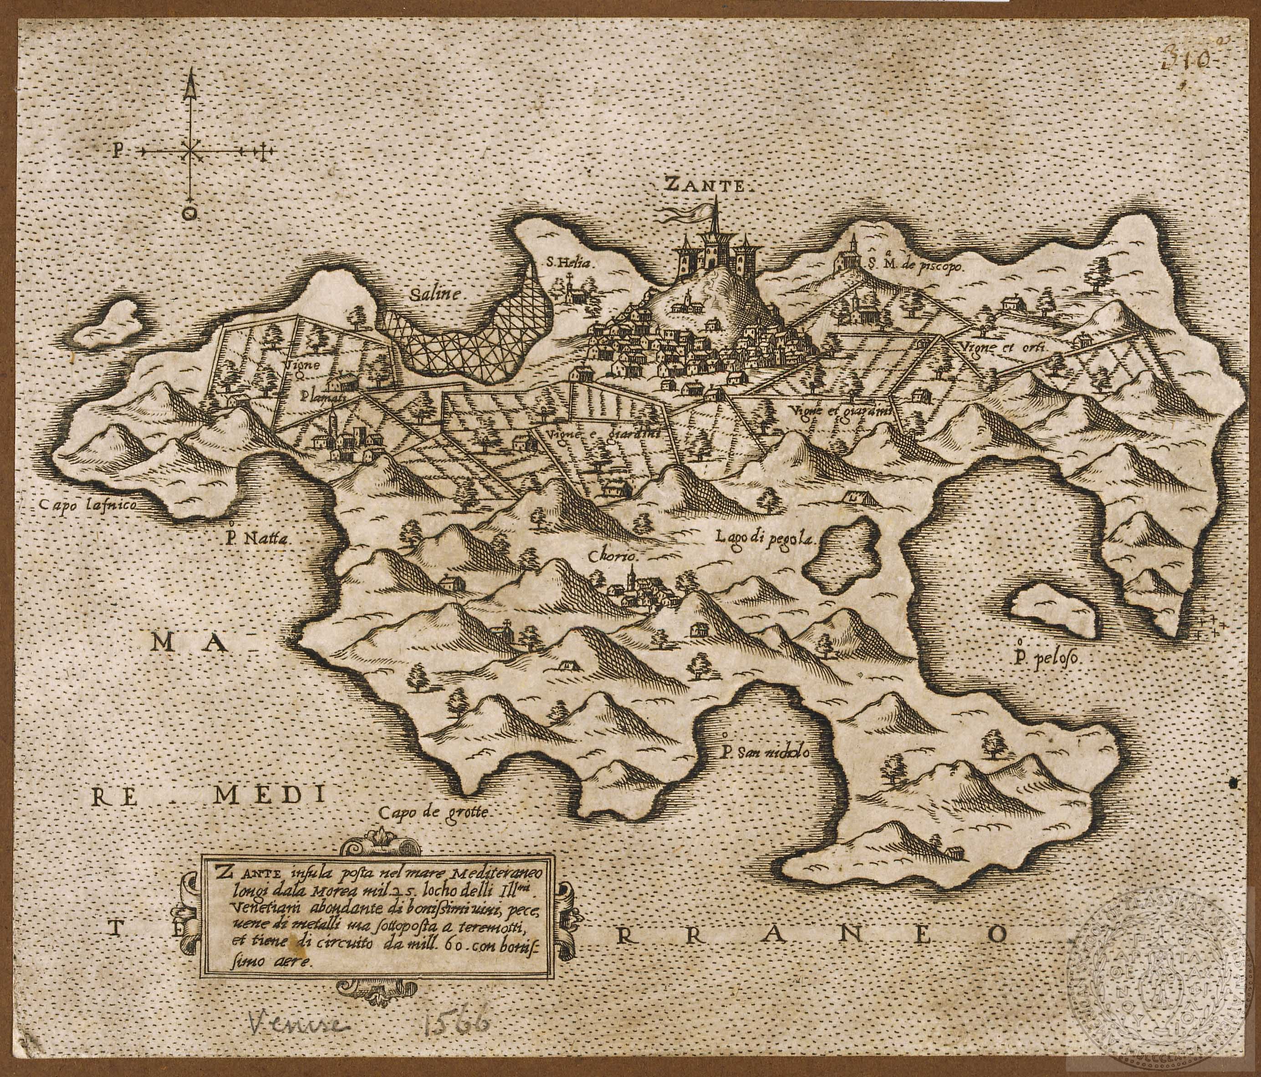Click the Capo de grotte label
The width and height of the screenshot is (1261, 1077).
click(434, 811)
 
